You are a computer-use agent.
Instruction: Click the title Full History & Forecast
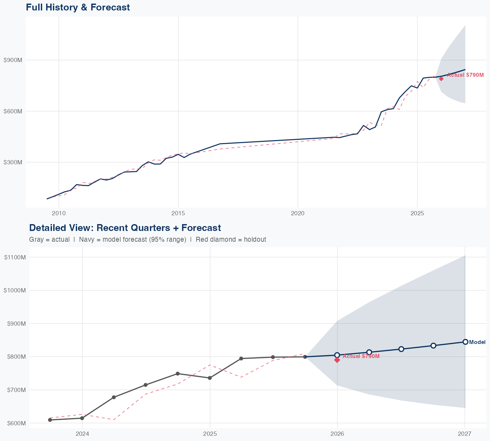pyautogui.click(x=78, y=7)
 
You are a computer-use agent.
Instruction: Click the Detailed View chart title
pyautogui.click(x=125, y=228)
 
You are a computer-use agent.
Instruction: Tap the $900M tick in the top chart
pyautogui.click(x=13, y=60)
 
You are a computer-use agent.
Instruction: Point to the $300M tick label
pyautogui.click(x=13, y=162)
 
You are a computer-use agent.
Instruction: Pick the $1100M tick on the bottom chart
pyautogui.click(x=15, y=257)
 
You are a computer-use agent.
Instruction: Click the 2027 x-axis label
pyautogui.click(x=465, y=434)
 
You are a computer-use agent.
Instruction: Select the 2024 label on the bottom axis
pyautogui.click(x=82, y=434)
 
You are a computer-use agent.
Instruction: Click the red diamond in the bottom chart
pyautogui.click(x=337, y=360)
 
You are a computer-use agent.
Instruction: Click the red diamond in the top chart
pyautogui.click(x=441, y=78)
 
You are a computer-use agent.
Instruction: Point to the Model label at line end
pyautogui.click(x=477, y=342)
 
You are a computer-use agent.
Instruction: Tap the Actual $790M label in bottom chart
pyautogui.click(x=361, y=356)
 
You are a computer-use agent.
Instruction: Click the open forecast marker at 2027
pyautogui.click(x=465, y=342)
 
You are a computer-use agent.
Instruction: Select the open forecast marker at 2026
pyautogui.click(x=337, y=355)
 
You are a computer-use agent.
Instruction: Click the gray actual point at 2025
pyautogui.click(x=210, y=378)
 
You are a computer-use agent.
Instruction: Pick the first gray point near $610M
pyautogui.click(x=50, y=420)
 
